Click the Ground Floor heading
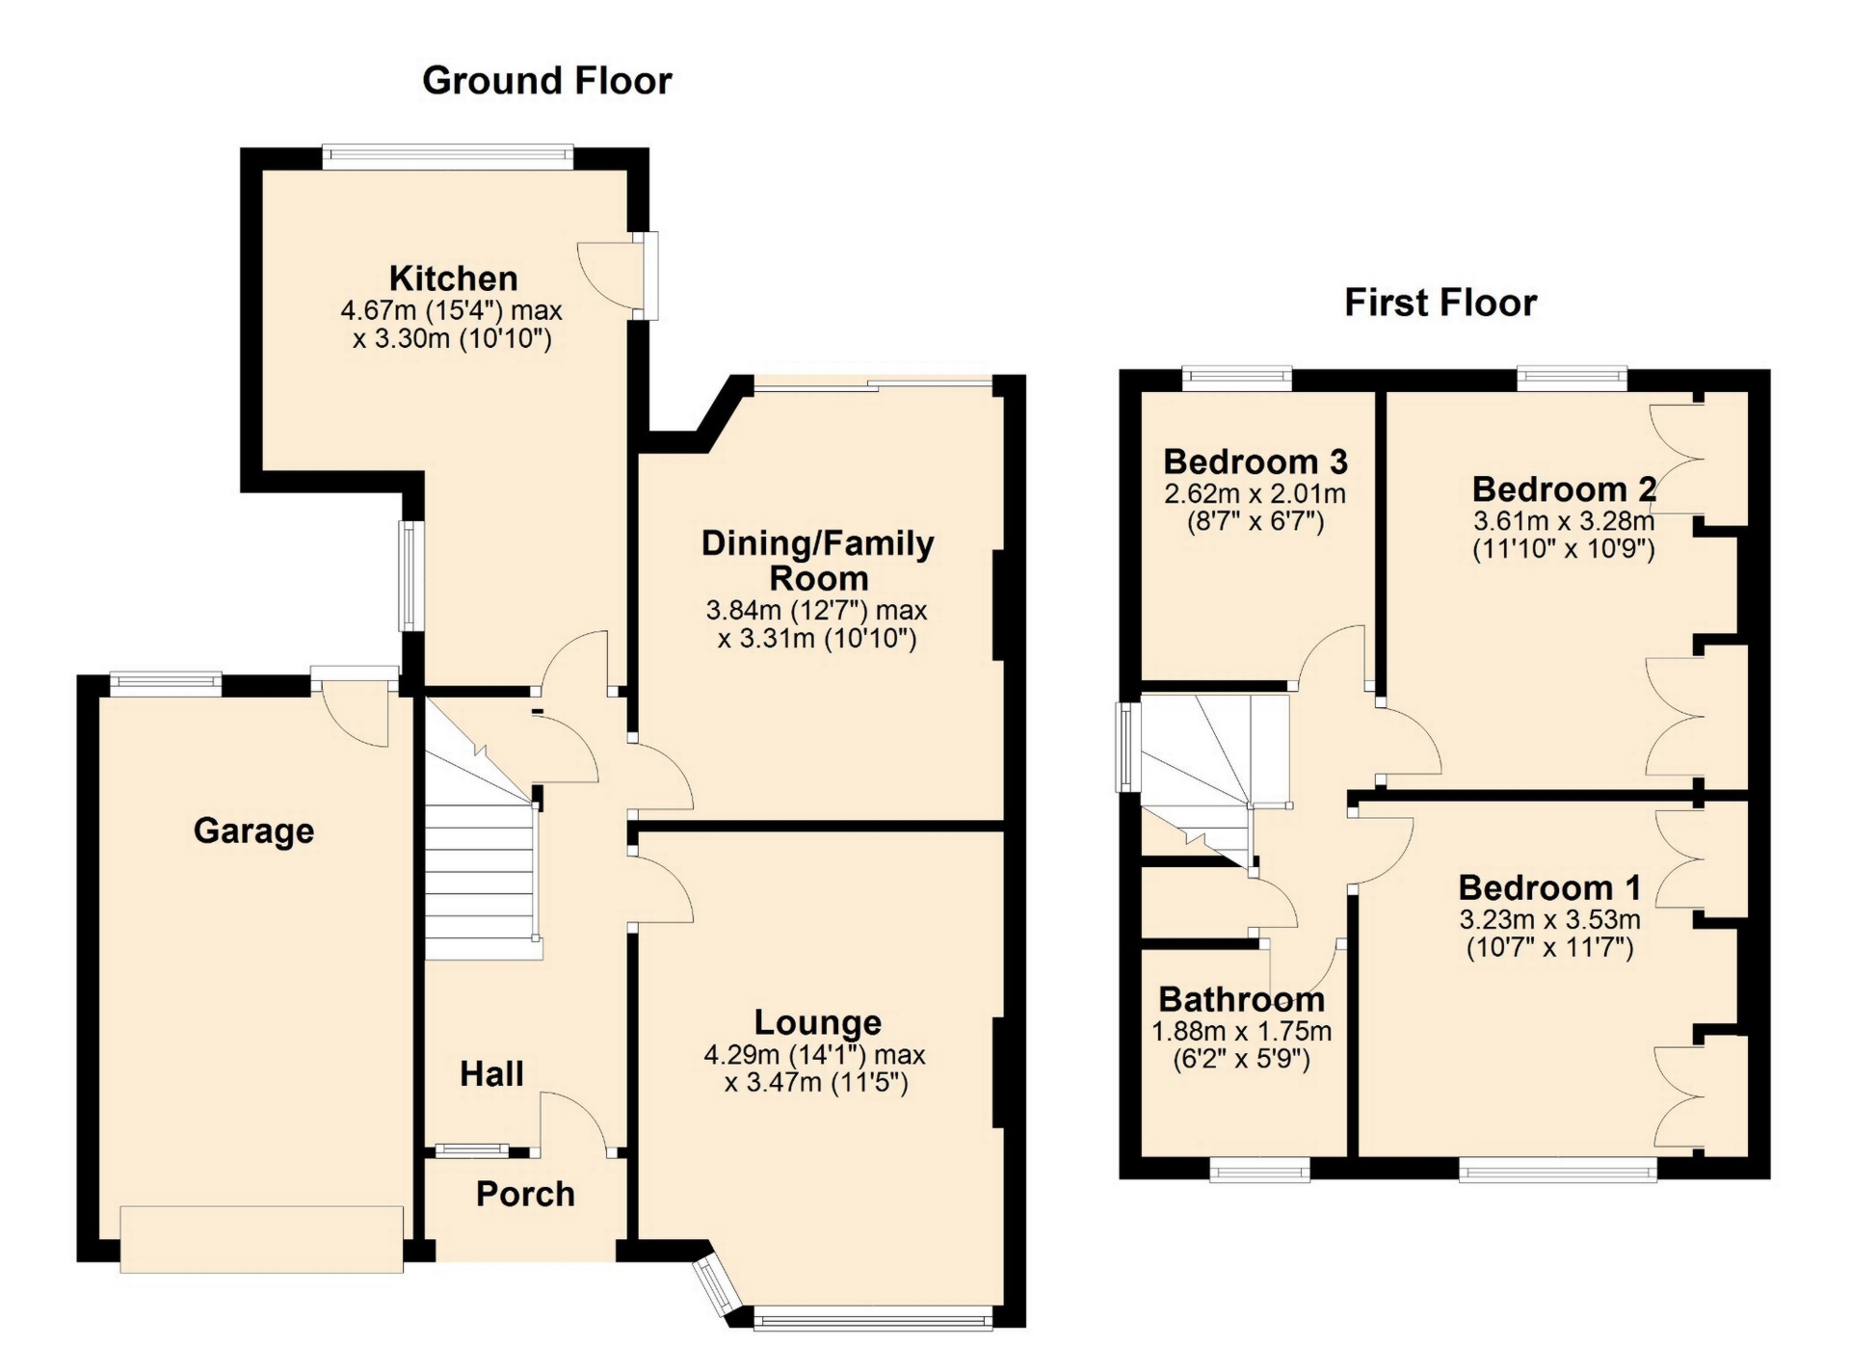pos(547,81)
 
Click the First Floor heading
pos(1440,303)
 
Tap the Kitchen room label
pos(454,278)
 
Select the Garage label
pos(254,831)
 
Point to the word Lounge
pos(818,1022)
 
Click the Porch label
pos(525,1194)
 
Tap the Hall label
pos(491,1073)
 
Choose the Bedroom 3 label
pos(1255,462)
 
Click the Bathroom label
pos(1242,999)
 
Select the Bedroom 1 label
pos(1549,887)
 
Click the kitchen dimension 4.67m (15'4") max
pos(451,311)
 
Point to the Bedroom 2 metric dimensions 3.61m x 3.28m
pos(1564,522)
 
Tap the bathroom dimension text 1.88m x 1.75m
pos(1242,1032)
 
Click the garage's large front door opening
pos(262,1239)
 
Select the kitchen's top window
pos(448,157)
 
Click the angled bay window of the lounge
pos(715,1285)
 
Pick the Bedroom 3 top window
pos(1237,379)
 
